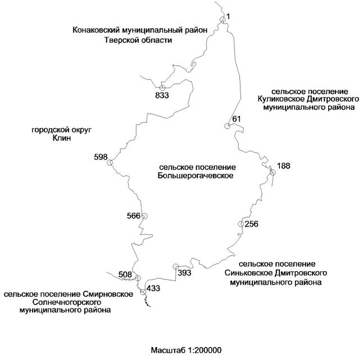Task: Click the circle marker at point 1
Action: click(223, 20)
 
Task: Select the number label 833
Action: click(162, 95)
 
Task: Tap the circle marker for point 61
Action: click(227, 126)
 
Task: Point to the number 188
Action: click(284, 166)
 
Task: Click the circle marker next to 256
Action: click(241, 224)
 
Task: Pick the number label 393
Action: click(184, 273)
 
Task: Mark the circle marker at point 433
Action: click(143, 291)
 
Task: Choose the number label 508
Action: click(125, 274)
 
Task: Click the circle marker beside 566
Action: click(144, 216)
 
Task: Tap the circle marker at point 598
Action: click(110, 162)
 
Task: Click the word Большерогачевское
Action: click(196, 175)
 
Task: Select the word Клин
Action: click(62, 138)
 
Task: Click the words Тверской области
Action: click(138, 40)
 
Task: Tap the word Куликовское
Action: click(281, 99)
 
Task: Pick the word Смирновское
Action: click(108, 294)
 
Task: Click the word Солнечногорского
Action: click(67, 303)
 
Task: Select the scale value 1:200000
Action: click(205, 350)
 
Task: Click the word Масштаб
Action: click(169, 350)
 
